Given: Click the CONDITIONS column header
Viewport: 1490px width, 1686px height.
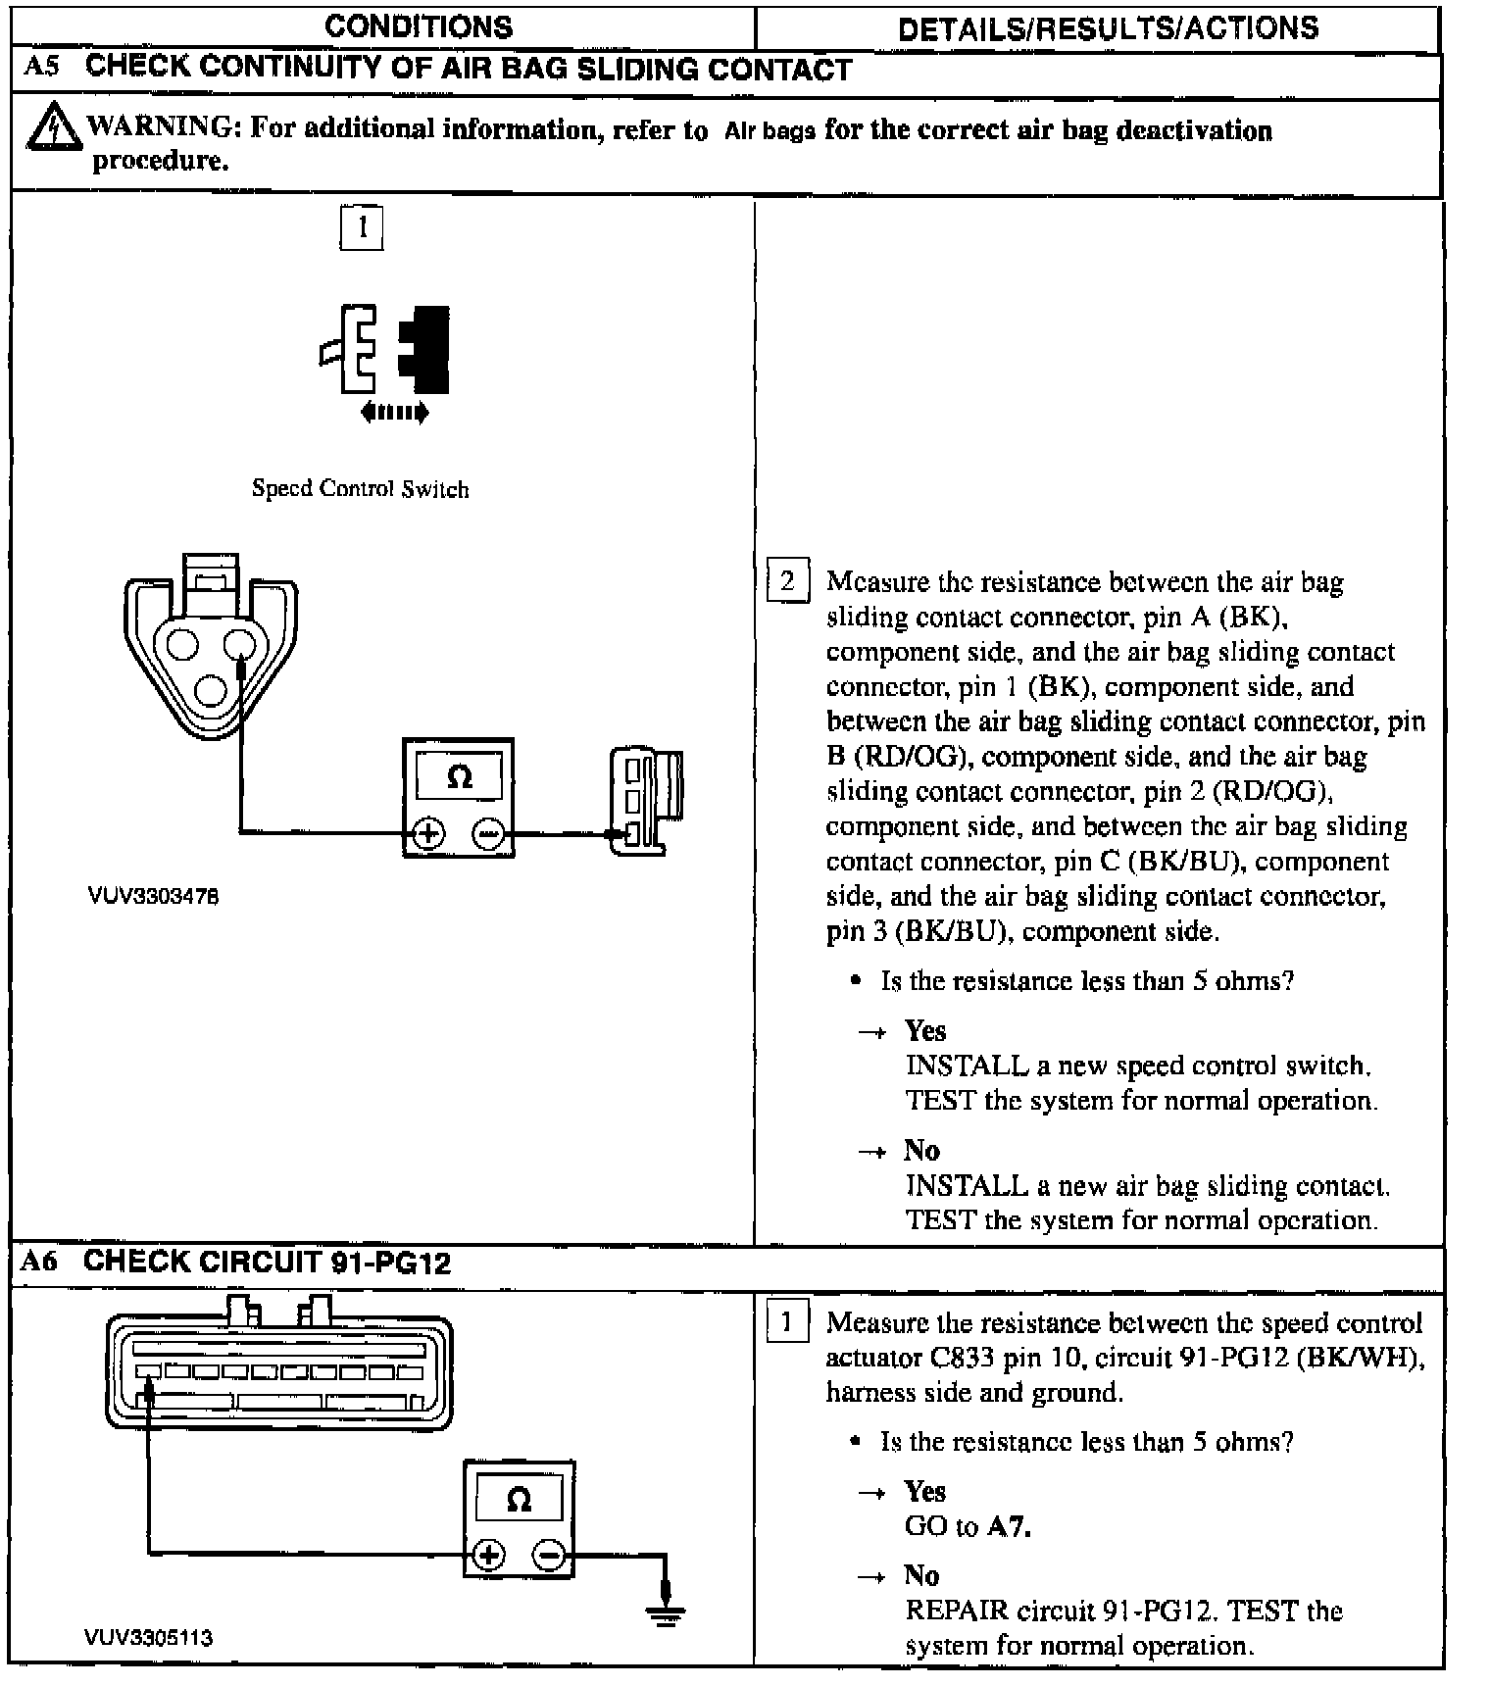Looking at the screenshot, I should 419,26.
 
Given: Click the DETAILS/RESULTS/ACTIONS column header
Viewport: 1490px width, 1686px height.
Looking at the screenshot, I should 1108,28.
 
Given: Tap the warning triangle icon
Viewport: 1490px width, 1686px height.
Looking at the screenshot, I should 52,127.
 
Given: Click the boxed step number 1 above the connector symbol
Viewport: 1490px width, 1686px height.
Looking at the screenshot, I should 362,228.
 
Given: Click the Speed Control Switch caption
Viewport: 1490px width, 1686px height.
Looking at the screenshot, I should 360,489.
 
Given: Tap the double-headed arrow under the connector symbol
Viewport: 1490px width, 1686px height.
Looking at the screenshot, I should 394,413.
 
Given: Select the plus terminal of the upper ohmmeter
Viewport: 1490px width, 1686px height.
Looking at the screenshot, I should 428,833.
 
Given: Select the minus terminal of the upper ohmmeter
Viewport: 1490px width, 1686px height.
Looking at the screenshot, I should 488,833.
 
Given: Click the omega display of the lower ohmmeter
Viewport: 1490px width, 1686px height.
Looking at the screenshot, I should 519,1501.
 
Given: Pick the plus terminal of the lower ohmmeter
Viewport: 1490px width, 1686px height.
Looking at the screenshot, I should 489,1555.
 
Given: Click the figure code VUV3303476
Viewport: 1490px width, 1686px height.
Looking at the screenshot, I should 153,896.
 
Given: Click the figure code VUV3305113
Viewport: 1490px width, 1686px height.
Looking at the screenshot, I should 148,1638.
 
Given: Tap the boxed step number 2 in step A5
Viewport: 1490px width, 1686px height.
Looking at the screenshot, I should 787,581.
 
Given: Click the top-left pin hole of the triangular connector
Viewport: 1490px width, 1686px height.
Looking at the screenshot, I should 182,644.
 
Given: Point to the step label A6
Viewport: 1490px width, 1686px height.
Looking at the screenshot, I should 40,1262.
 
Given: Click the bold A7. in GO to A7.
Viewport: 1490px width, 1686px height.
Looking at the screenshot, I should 1010,1526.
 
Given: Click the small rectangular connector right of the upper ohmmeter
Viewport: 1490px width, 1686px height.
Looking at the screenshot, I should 643,801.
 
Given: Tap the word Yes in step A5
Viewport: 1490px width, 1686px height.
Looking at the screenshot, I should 925,1030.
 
